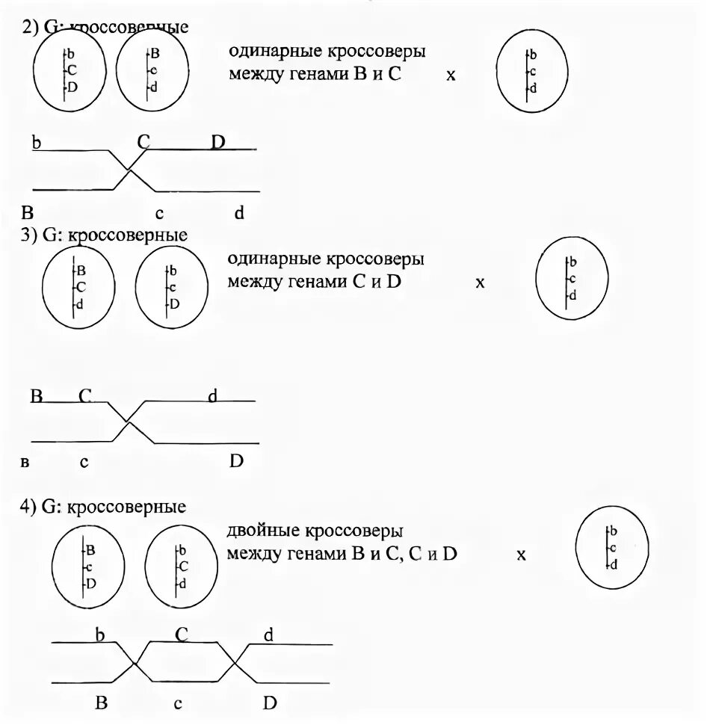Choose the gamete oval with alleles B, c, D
[x=87, y=567]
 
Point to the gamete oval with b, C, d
[x=180, y=567]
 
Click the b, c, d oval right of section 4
[x=612, y=548]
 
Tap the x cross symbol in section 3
[x=481, y=283]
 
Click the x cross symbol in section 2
[x=451, y=75]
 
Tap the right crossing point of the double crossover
[x=236, y=662]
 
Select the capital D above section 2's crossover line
[x=217, y=141]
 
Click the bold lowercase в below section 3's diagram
[x=25, y=463]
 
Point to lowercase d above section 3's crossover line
[x=212, y=396]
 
